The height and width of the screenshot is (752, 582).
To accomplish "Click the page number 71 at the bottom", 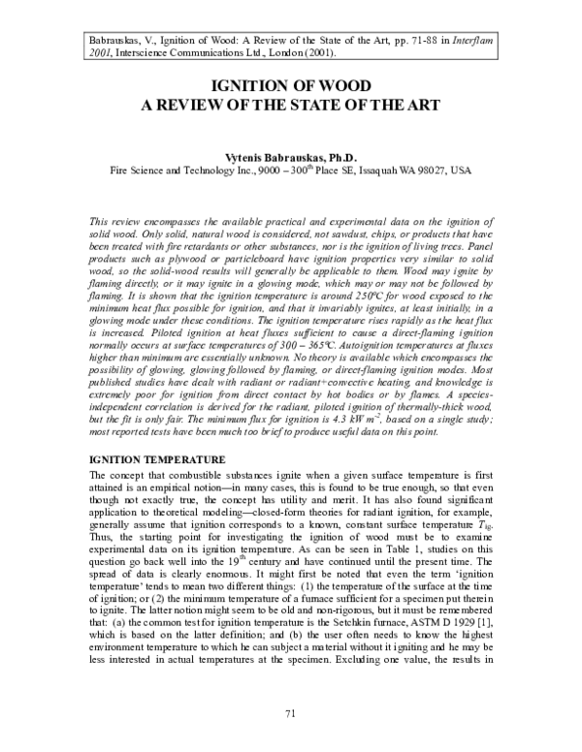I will (290, 713).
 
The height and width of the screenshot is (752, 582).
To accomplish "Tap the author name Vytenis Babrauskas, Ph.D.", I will (291, 157).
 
